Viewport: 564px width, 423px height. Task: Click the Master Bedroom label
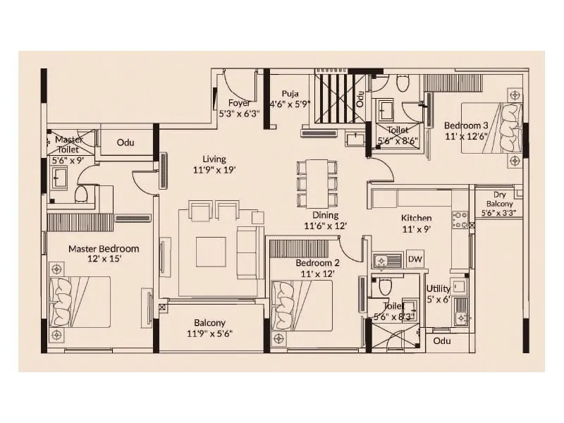104,248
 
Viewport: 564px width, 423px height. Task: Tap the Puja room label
290,92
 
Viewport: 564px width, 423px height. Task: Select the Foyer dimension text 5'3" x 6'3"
240,113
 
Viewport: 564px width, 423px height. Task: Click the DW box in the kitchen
415,259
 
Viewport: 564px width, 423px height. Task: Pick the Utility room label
439,288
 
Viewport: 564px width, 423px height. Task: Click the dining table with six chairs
317,183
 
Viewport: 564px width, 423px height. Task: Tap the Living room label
214,159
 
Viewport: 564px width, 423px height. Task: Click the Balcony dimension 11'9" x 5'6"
210,334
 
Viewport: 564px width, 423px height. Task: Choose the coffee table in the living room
211,251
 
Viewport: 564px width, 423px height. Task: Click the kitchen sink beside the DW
387,261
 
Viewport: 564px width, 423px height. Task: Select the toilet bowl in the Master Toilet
81,193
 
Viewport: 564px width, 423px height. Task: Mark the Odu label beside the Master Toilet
125,142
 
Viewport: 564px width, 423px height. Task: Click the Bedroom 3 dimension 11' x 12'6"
467,137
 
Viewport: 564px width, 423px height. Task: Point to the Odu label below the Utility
442,341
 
